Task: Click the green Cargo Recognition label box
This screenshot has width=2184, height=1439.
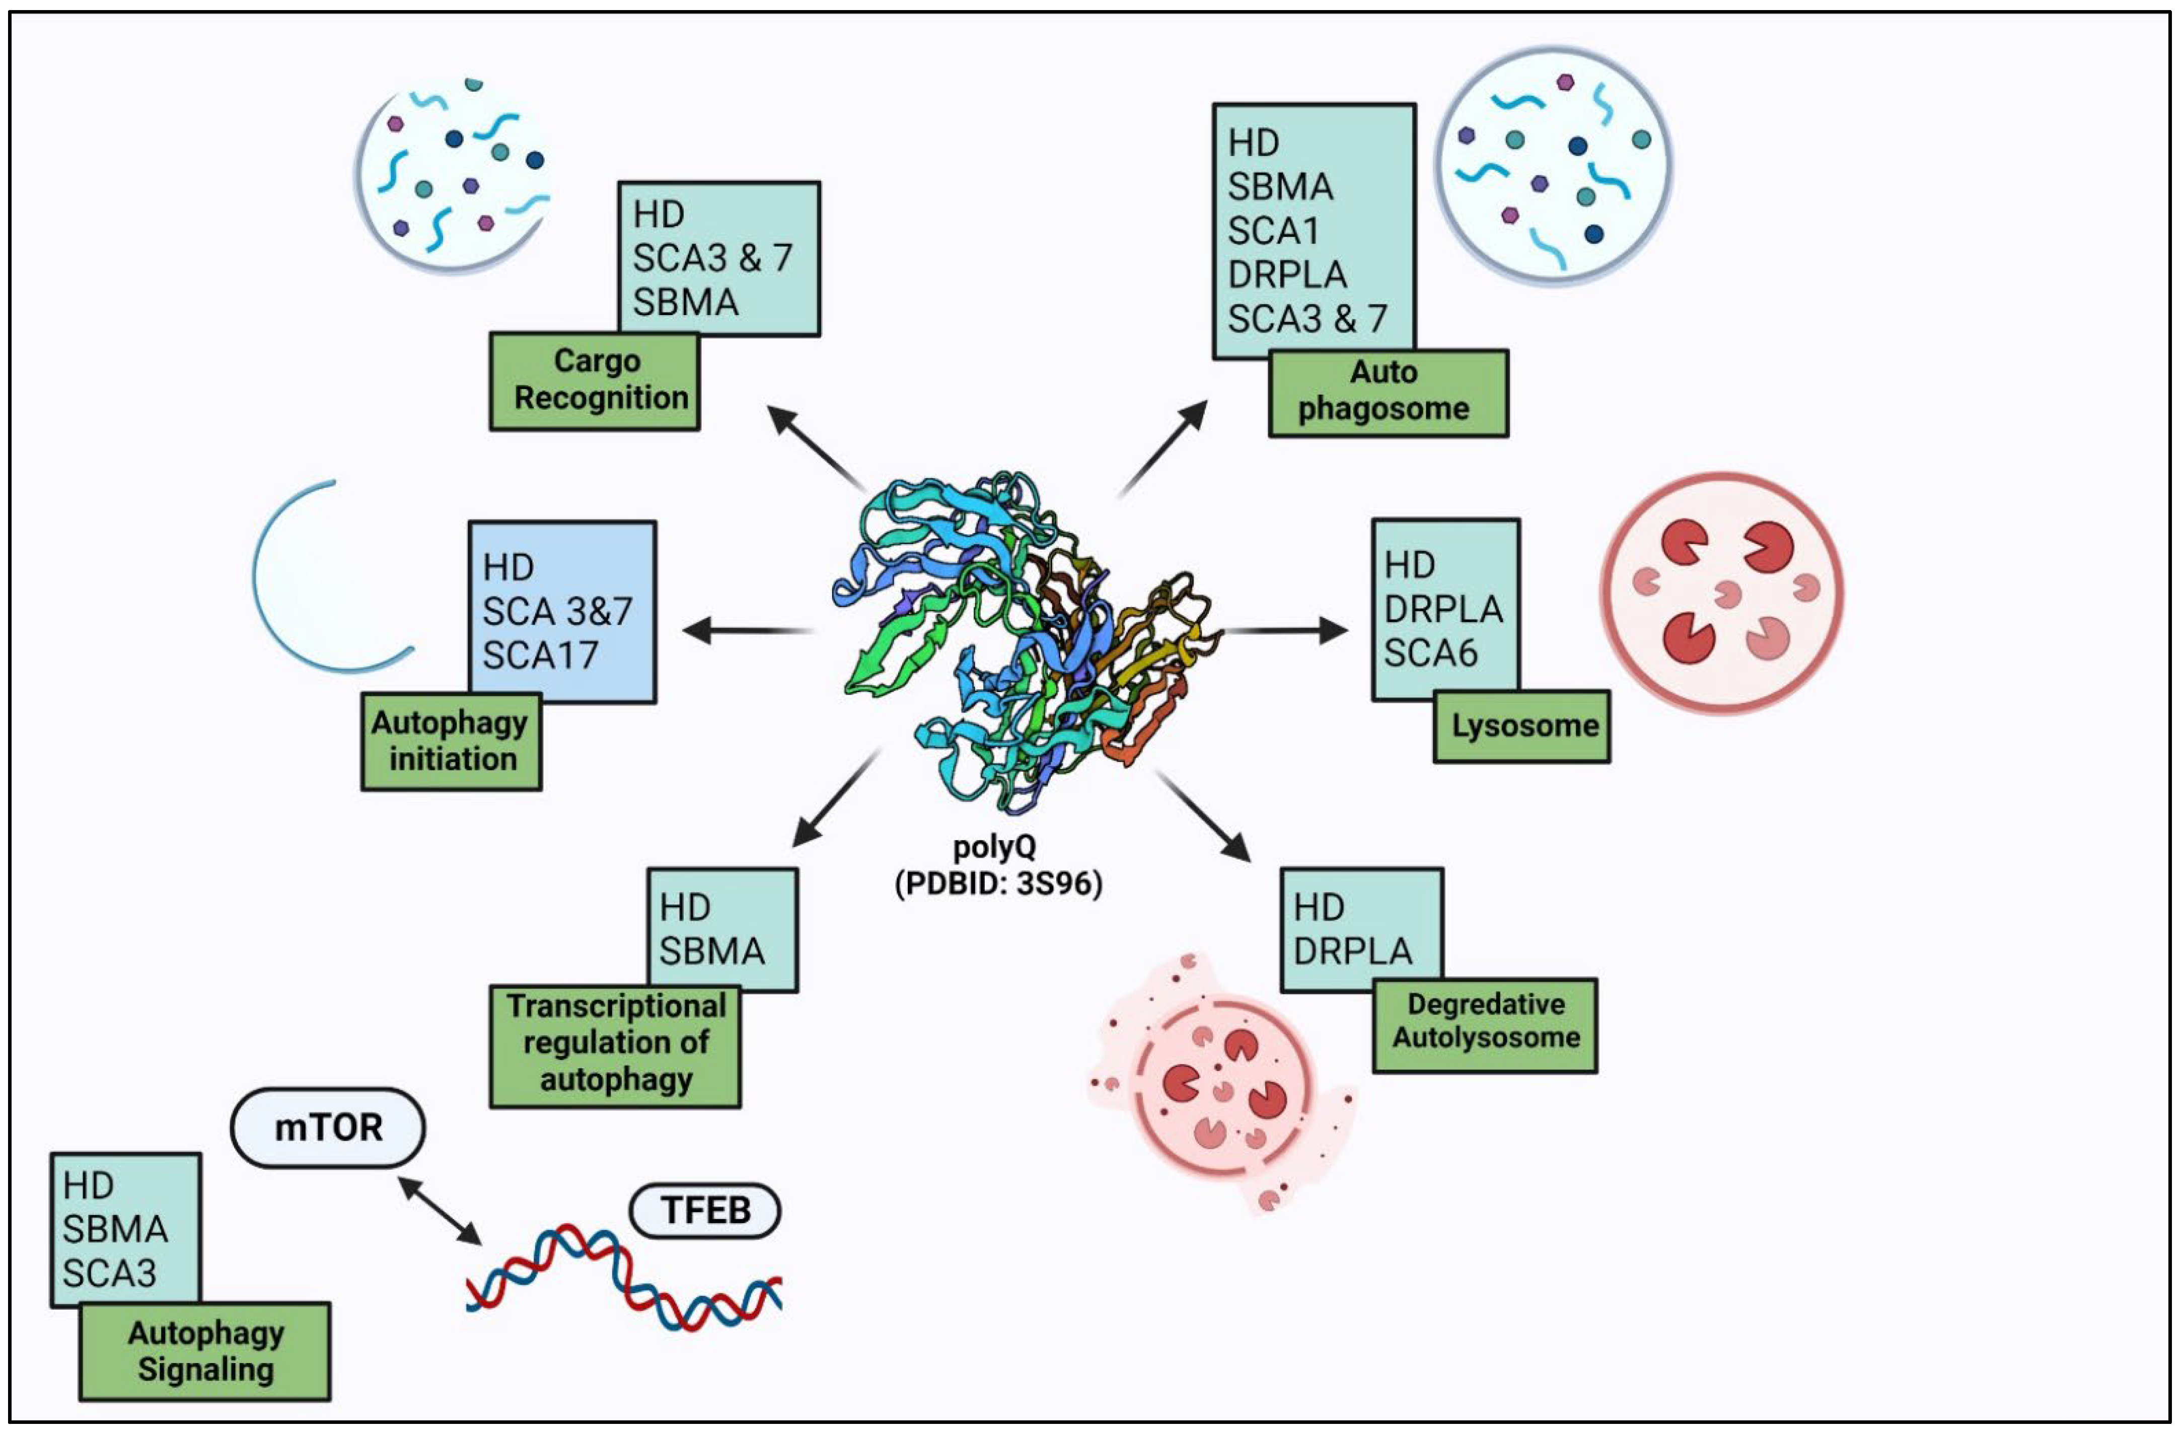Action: pyautogui.click(x=594, y=381)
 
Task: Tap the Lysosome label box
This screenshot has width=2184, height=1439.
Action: pyautogui.click(x=1521, y=726)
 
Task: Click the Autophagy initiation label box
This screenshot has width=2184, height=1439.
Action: pyautogui.click(x=451, y=741)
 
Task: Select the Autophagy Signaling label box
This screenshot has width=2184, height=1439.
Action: pyautogui.click(x=205, y=1351)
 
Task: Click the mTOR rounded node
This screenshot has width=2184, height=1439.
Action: pyautogui.click(x=328, y=1127)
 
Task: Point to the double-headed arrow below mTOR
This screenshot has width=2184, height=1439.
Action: pyautogui.click(x=441, y=1211)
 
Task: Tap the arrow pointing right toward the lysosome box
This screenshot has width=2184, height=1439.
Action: pyautogui.click(x=1285, y=631)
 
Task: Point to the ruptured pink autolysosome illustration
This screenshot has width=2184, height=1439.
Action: pyautogui.click(x=1221, y=1083)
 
